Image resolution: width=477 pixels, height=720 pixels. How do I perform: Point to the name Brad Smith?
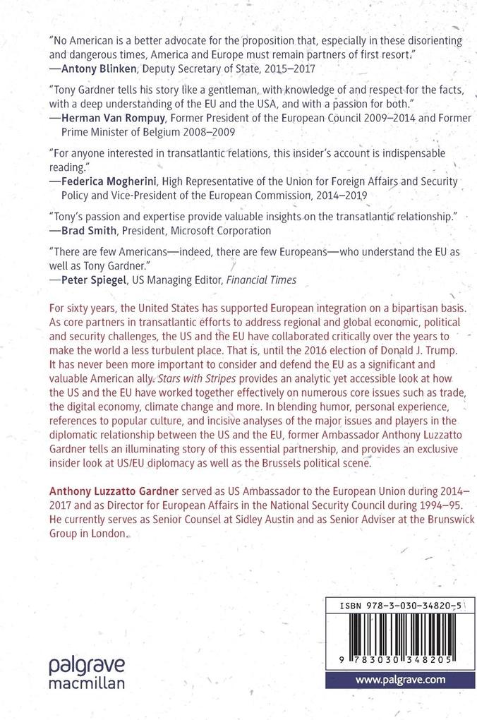90,230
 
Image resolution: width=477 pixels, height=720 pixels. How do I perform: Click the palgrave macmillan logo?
87,673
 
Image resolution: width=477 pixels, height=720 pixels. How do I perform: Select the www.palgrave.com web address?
399,680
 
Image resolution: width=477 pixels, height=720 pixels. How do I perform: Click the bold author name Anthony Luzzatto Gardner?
115,488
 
